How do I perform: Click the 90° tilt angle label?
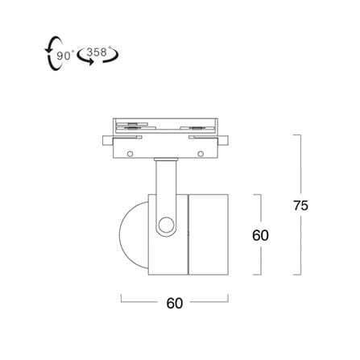tap(64, 56)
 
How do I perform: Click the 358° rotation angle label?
tap(98, 52)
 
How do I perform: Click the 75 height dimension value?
tap(300, 205)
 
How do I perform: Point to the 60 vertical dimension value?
tap(260, 235)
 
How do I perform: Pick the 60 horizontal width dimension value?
tap(175, 304)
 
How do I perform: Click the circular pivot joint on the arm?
tap(166, 225)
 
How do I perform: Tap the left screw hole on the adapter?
tap(130, 154)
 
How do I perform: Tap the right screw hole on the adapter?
tap(201, 154)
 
